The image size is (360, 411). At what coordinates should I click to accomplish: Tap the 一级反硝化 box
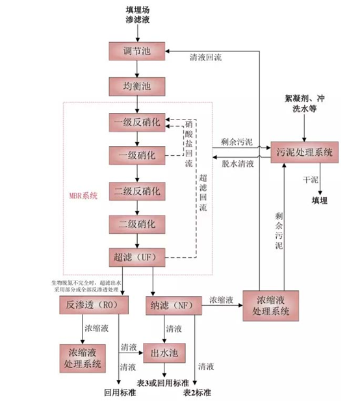138,122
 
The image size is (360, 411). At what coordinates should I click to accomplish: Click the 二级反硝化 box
138,192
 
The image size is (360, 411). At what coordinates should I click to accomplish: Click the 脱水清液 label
234,164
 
